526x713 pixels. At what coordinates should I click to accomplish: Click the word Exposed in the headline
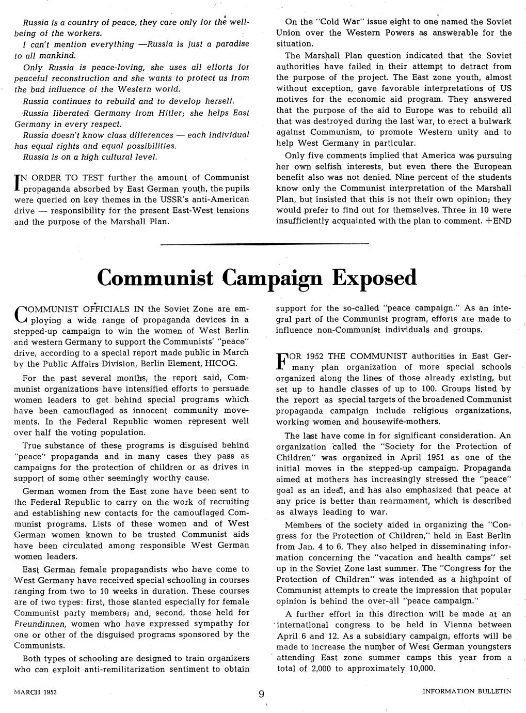(375, 277)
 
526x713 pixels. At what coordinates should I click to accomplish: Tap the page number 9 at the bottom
(262, 694)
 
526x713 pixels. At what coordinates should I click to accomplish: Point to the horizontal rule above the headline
(265, 243)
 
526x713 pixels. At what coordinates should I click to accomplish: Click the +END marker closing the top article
(498, 221)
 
